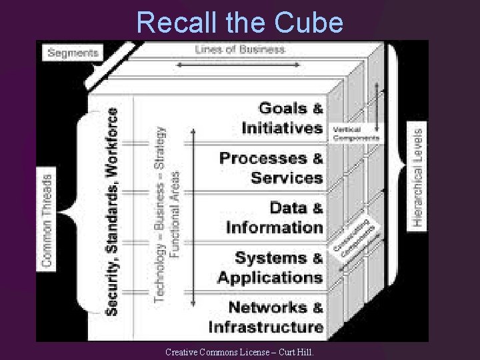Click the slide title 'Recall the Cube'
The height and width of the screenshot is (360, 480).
[x=240, y=23]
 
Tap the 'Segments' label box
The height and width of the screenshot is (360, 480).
[x=73, y=52]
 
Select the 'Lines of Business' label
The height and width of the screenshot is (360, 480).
[x=240, y=49]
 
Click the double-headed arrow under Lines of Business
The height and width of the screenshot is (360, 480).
[x=239, y=64]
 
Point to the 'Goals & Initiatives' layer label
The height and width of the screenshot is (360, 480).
[x=283, y=117]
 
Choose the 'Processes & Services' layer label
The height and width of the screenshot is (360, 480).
[x=271, y=167]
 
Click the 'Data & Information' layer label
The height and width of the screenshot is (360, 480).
[x=275, y=217]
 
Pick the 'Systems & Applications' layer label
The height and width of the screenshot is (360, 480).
[x=270, y=267]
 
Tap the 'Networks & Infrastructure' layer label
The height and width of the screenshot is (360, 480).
[x=266, y=317]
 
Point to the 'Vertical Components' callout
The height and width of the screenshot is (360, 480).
[x=355, y=133]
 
